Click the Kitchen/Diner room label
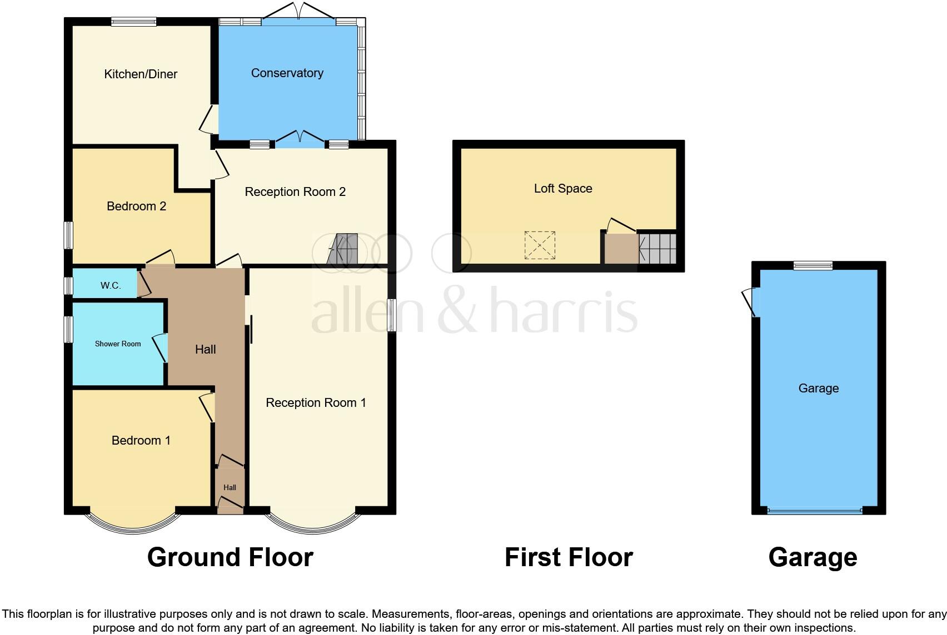click(x=141, y=74)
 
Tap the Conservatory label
click(x=287, y=73)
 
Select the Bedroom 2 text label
click(x=136, y=206)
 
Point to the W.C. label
click(x=111, y=285)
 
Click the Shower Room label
click(x=118, y=344)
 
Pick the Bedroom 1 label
click(x=141, y=441)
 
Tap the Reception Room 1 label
click(x=316, y=403)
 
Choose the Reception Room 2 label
click(x=295, y=192)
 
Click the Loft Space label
click(x=563, y=189)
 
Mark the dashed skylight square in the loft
click(x=540, y=245)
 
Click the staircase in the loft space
click(x=658, y=249)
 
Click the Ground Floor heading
click(x=230, y=557)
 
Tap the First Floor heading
click(x=569, y=557)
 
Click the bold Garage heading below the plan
click(x=813, y=557)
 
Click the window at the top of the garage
click(x=813, y=265)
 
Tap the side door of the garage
click(x=751, y=302)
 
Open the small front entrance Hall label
click(x=230, y=488)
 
